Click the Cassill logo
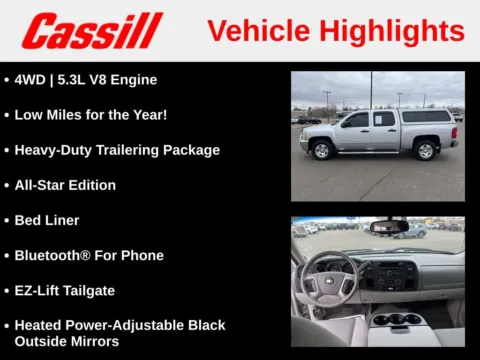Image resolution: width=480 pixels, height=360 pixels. click(92, 31)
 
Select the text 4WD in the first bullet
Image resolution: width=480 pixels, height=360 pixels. click(31, 80)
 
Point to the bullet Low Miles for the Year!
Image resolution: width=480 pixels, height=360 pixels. click(90, 115)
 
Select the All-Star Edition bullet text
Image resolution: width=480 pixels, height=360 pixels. click(65, 185)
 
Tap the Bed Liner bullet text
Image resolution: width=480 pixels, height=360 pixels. click(47, 220)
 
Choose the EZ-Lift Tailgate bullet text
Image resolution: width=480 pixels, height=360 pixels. click(64, 290)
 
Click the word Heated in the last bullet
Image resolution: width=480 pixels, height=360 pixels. click(38, 325)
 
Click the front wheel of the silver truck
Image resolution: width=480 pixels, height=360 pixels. click(322, 151)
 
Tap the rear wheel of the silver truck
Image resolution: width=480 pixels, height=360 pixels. click(424, 151)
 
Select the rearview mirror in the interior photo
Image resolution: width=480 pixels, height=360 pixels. click(388, 227)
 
